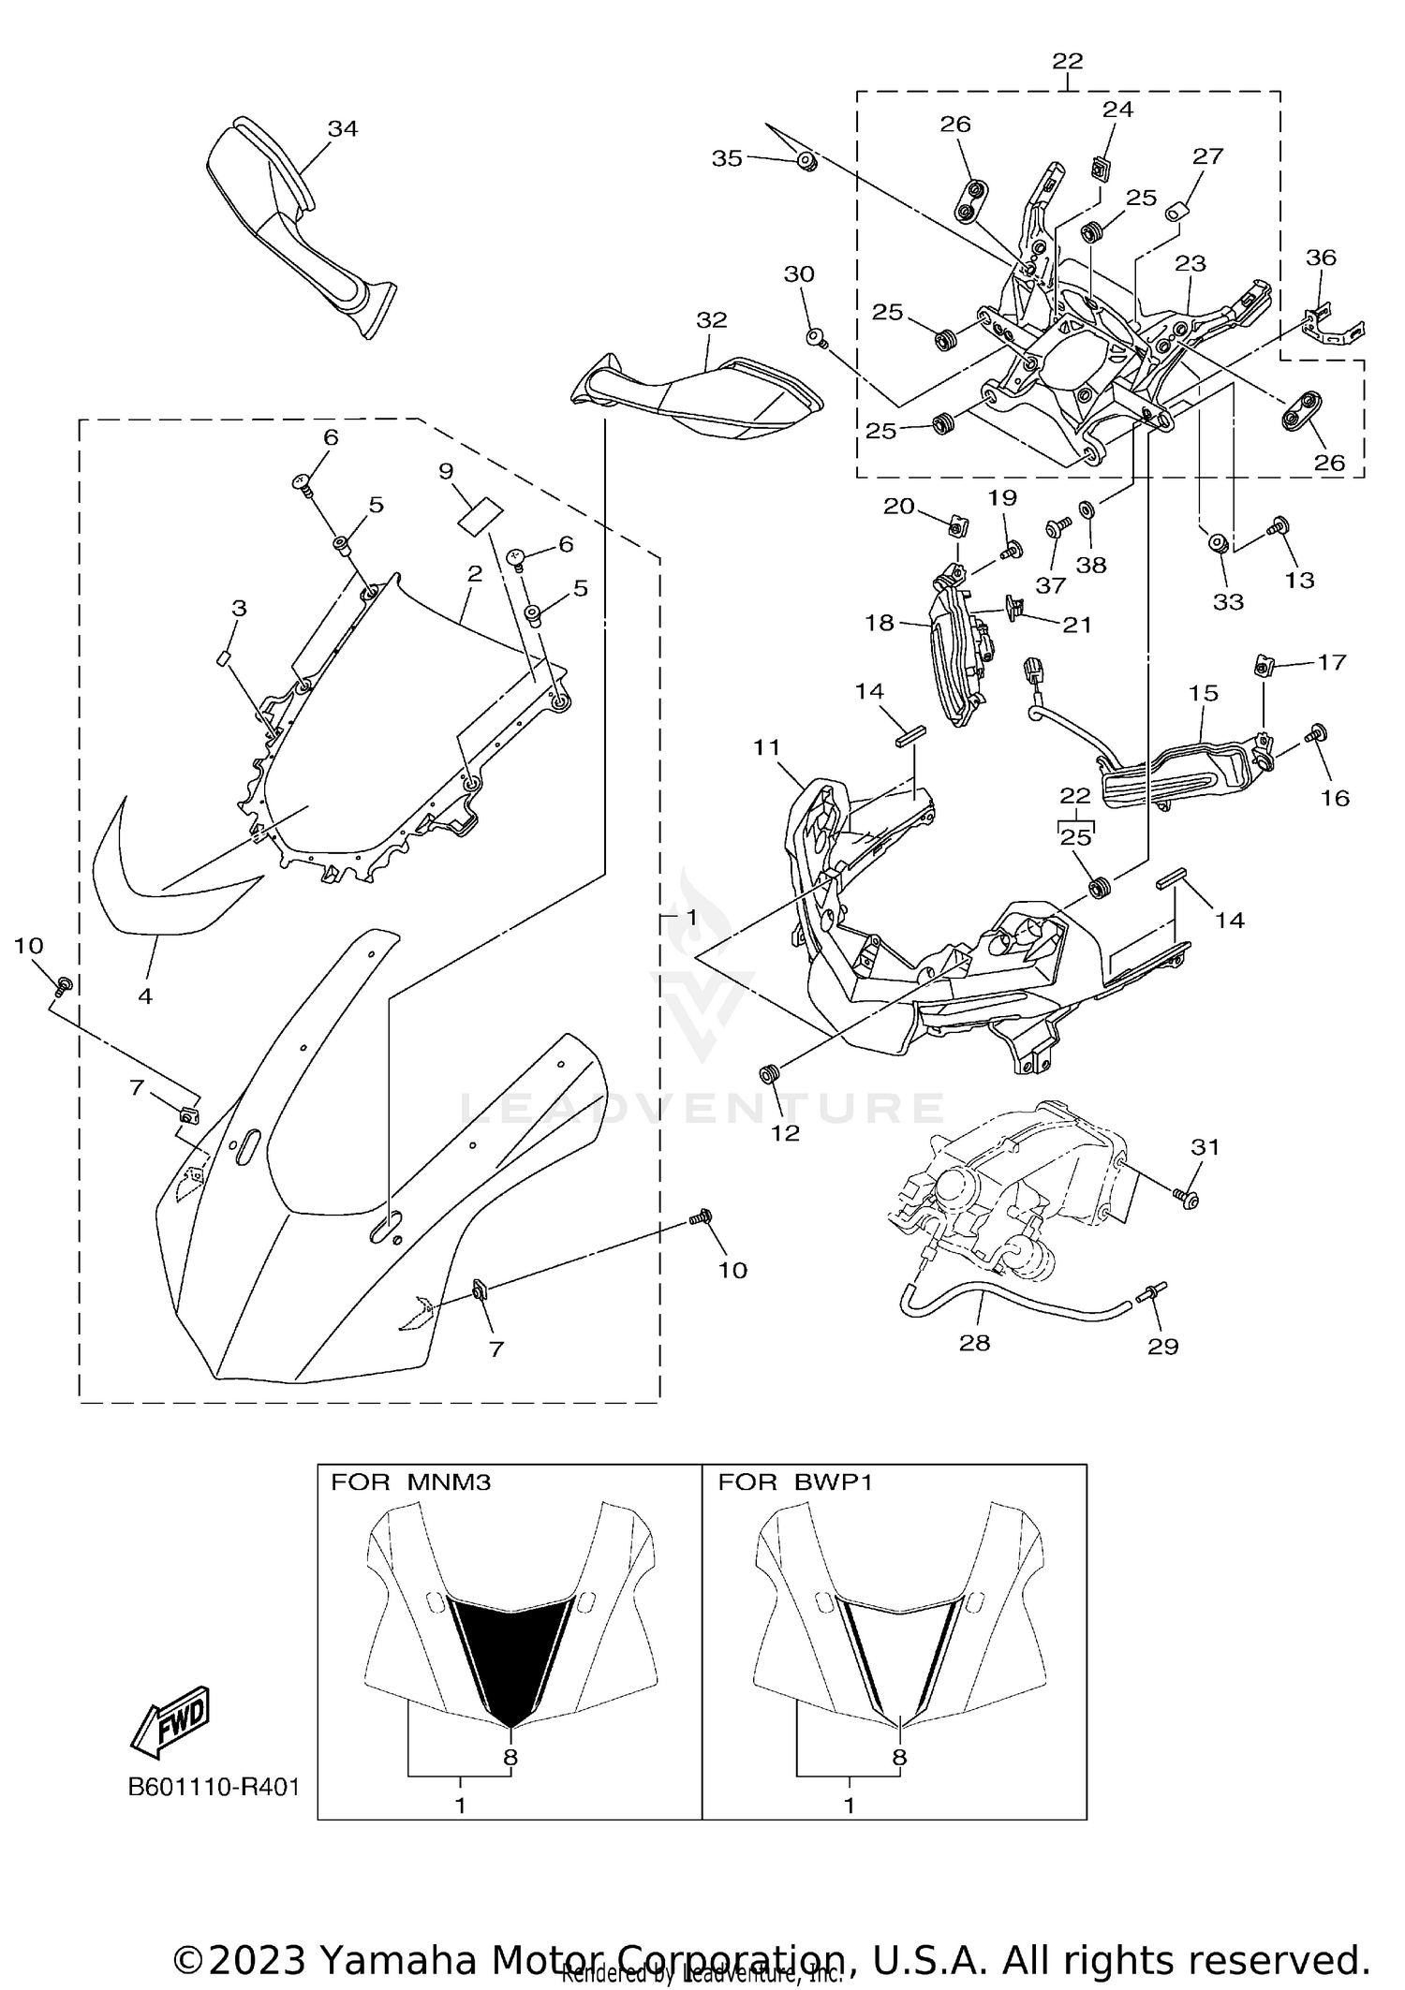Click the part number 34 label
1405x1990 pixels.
point(342,129)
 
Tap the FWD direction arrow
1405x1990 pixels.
point(170,1721)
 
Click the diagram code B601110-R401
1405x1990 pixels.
point(214,1787)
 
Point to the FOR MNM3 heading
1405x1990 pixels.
point(410,1482)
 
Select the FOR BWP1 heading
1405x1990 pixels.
point(794,1482)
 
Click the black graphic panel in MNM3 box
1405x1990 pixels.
point(510,1656)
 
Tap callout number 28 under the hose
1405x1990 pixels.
point(974,1343)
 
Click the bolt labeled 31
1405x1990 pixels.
point(1186,1196)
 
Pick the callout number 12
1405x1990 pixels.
point(785,1133)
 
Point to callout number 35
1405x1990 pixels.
point(727,158)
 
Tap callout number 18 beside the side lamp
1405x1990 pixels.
point(879,623)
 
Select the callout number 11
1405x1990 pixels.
point(766,747)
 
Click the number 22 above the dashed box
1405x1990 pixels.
point(1067,61)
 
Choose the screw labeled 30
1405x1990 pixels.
point(816,336)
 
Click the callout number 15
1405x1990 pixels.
point(1204,693)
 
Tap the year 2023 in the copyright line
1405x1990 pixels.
point(257,1958)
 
